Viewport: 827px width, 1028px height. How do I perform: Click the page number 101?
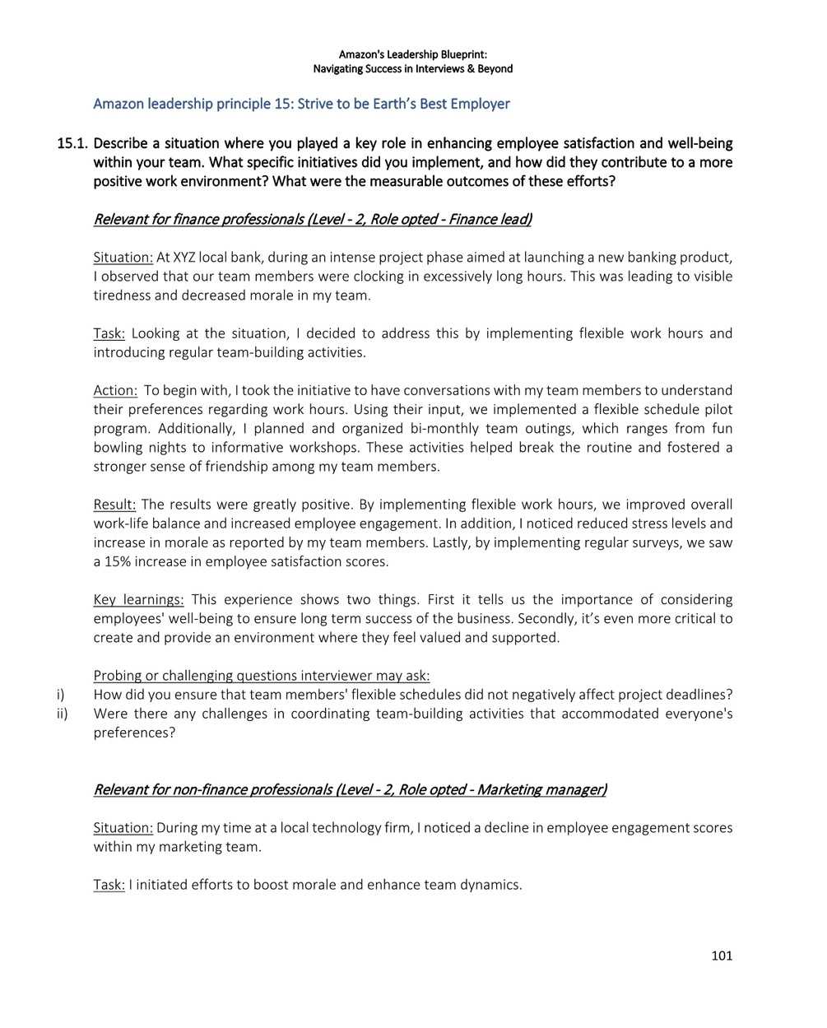(721, 956)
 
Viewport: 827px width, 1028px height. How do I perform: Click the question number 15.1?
(72, 144)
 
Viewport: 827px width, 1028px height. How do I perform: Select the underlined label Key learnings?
(138, 600)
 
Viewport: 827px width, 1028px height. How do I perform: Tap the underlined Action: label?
(114, 391)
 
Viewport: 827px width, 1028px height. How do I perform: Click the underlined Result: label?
(114, 505)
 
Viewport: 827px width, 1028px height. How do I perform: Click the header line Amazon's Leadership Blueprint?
(413, 54)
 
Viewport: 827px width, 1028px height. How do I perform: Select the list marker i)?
(61, 695)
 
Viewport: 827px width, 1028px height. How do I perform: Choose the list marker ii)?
(63, 714)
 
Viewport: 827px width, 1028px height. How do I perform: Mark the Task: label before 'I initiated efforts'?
(109, 886)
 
